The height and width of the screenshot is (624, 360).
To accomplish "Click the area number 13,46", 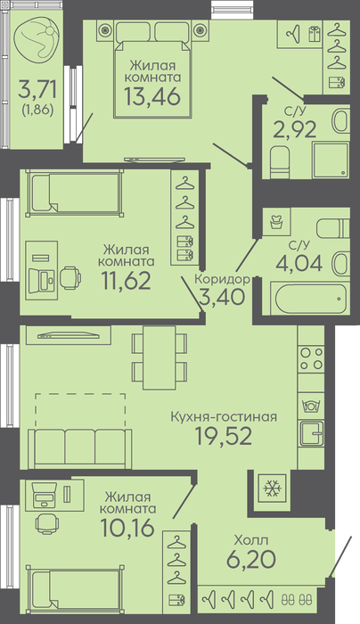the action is pos(152,96).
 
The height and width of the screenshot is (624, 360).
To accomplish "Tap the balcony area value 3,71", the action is pos(37,90).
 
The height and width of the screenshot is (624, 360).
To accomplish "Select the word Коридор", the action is pos(222,279).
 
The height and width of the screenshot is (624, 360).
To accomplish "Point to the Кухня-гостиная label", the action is pos(224,417).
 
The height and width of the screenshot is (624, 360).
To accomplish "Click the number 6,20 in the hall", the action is pos(251,560).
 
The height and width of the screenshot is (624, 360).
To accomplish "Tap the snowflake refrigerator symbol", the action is pos(272,488).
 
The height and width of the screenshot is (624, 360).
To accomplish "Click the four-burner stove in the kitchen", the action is pos(312,358).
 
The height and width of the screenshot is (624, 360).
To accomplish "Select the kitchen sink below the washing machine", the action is pos(312,433).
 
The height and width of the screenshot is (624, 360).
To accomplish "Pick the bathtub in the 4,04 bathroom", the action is pos(308,300).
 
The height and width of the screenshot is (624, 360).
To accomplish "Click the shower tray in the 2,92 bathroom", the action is pos(331,160).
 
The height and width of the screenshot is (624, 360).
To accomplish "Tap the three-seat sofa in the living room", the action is pos(79,447).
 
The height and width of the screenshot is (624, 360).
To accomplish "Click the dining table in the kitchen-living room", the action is pos(160,357).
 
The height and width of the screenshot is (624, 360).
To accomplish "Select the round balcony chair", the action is pos(37,39).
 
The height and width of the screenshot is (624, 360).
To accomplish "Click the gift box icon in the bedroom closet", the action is pos(315,34).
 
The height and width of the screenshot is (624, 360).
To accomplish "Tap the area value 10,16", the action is pos(127,528).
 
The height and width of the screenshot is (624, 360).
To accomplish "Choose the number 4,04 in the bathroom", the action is pos(299,264).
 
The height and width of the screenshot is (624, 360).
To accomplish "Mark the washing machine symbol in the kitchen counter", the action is pos(312,406).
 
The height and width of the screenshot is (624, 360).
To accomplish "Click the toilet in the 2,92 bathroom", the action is pos(279,162).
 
